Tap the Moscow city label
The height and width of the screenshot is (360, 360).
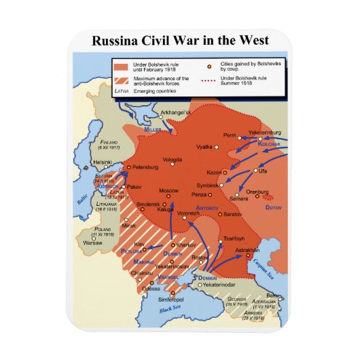point(168,190)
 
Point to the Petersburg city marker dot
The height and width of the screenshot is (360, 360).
point(129,167)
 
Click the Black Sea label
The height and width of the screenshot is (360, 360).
point(171,309)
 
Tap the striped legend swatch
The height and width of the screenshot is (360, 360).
point(120,81)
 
